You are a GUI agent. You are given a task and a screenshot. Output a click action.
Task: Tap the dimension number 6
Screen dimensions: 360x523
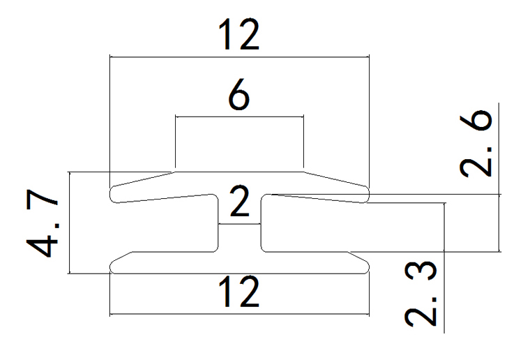(x=238, y=97)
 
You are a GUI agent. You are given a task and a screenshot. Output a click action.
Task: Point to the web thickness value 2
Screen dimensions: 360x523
(x=239, y=205)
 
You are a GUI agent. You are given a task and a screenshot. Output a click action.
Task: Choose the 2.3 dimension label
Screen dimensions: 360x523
(x=423, y=293)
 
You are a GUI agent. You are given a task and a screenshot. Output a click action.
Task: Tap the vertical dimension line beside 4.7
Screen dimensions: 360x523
(x=72, y=223)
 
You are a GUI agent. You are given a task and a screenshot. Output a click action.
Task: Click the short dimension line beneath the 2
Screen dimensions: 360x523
(x=239, y=224)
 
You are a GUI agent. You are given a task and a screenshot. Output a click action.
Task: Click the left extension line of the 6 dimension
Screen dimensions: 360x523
(x=175, y=143)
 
